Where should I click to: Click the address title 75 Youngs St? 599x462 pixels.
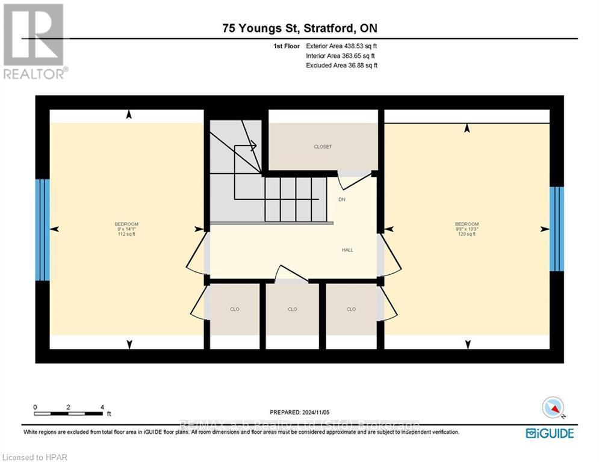[299, 28]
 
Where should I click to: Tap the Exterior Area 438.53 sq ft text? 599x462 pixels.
[341, 46]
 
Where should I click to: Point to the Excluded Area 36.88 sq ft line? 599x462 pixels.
[341, 65]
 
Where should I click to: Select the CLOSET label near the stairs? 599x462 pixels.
[323, 147]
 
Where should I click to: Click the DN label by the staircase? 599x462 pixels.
[342, 199]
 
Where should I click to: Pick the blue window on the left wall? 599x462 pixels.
[42, 230]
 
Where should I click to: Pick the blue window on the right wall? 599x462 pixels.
[557, 229]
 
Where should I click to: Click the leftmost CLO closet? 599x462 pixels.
[235, 309]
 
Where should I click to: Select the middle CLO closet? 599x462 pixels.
[293, 309]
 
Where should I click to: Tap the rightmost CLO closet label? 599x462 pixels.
[351, 309]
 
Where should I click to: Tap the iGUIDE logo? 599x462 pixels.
[549, 433]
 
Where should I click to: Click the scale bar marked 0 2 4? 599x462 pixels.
[68, 413]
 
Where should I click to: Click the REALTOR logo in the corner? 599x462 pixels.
[34, 41]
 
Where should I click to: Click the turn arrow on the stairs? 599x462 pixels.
[252, 144]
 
